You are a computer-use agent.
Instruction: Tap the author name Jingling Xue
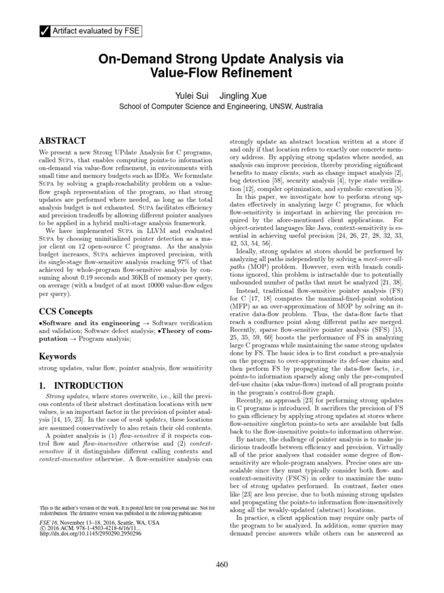[243, 95]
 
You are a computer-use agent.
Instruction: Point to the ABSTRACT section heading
[62, 141]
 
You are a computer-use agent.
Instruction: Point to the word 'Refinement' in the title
[252, 74]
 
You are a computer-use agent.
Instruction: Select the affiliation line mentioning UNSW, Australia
[222, 107]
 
